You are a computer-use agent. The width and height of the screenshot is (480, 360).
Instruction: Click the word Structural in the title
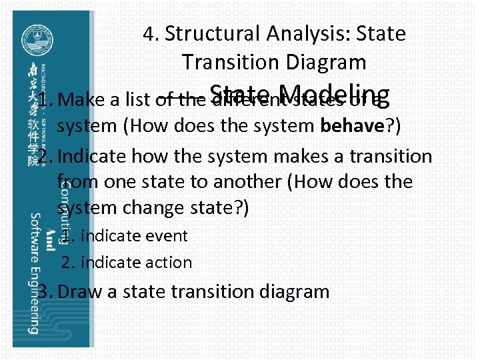point(212,33)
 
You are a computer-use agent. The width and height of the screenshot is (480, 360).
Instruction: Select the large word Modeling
point(334,95)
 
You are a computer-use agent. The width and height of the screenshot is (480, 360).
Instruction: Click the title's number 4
point(149,33)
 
